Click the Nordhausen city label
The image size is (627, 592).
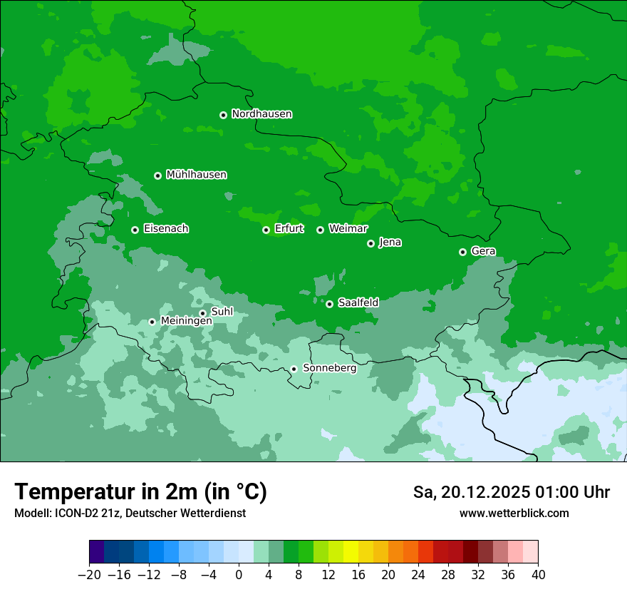point(261,114)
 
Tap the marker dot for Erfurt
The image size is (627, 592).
point(266,230)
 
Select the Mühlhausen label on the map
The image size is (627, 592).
point(196,175)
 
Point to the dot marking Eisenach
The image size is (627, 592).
point(135,230)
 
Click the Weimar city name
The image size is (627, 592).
point(348,229)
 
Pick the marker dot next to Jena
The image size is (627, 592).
point(370,243)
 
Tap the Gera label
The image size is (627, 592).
point(483,251)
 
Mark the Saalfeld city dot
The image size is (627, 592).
point(329,304)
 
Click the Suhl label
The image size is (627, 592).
point(222,312)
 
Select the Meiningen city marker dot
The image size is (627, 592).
point(152,322)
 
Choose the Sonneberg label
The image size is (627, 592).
point(329,368)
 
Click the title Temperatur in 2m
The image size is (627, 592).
point(140,492)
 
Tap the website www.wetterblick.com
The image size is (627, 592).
point(514,513)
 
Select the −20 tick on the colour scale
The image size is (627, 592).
point(89,575)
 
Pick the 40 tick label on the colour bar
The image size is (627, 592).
point(538,575)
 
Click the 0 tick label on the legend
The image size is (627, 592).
point(239,575)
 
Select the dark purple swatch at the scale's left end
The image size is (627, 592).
point(97,552)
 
